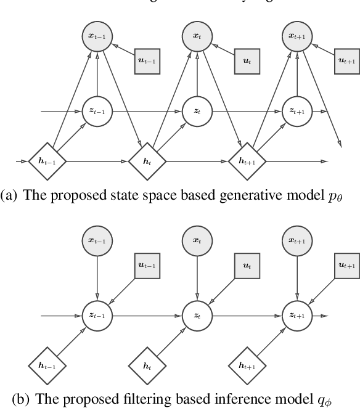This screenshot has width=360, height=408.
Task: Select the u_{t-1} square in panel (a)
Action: pos(149,62)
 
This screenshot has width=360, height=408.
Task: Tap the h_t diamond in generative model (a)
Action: pos(147,161)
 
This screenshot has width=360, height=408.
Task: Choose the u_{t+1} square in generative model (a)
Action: pos(348,62)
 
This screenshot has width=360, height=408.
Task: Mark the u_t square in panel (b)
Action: pos(248,266)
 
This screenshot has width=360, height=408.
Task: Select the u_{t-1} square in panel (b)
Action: pos(149,266)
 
